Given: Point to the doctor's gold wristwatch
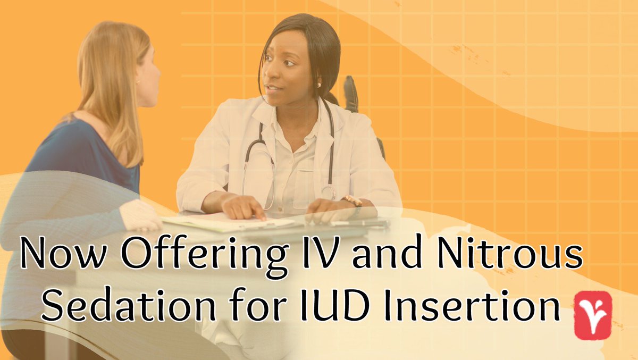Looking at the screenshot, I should [x=352, y=202].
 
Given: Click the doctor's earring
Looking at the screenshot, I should [x=320, y=84].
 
